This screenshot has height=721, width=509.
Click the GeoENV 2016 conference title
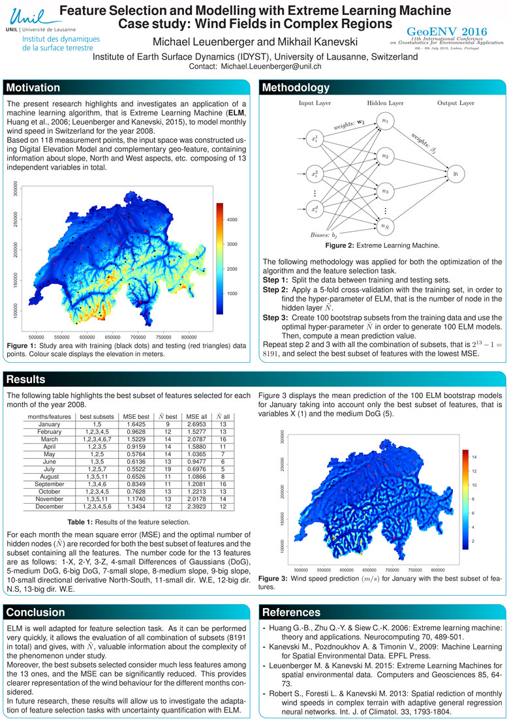click(451, 31)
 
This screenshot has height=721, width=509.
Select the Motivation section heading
click(34, 88)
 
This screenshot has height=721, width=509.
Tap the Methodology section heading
click(296, 88)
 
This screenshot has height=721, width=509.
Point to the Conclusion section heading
click(36, 612)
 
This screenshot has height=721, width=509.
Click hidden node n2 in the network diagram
click(385, 157)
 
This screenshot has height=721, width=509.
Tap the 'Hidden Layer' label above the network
click(385, 103)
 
